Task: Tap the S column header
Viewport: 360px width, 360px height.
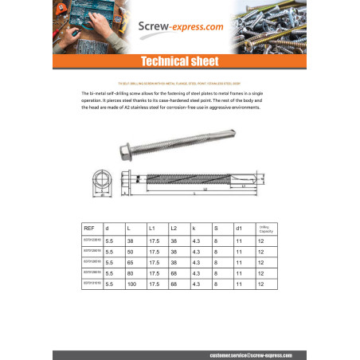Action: [216, 229]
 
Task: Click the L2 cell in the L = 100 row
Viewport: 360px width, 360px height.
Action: [175, 284]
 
